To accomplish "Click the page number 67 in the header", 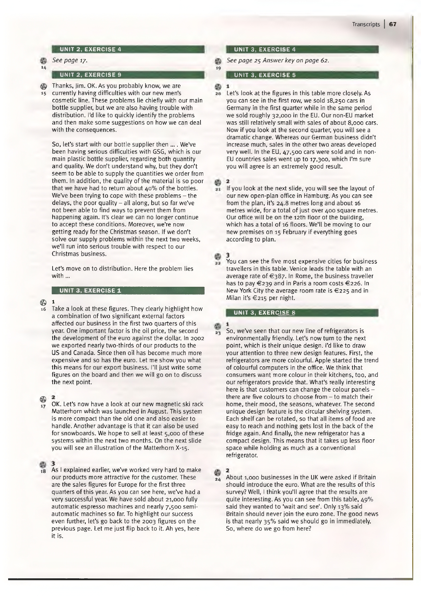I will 393,24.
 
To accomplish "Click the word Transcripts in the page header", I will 366,24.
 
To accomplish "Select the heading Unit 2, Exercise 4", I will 90,49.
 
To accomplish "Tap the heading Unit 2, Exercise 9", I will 90,75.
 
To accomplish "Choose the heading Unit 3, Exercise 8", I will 265,313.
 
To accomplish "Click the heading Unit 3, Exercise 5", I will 265,75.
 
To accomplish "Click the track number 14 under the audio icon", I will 43,68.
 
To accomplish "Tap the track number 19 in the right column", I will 218,68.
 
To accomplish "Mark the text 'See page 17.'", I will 70,60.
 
